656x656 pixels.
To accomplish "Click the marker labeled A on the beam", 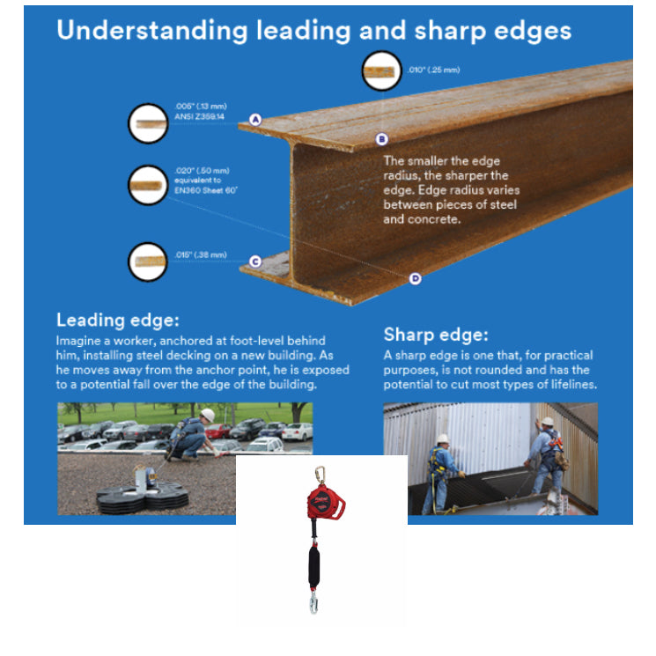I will (x=255, y=119).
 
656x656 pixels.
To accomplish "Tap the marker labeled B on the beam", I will (x=381, y=138).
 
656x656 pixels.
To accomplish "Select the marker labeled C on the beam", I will (x=254, y=261).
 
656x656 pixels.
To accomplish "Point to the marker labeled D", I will (x=416, y=279).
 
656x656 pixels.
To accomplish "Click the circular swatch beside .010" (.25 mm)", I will (x=382, y=71).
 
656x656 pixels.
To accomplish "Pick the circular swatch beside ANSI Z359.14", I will (x=148, y=122).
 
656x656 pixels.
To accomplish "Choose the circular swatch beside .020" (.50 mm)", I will (x=148, y=185).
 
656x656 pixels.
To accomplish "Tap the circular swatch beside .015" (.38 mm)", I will (x=148, y=262).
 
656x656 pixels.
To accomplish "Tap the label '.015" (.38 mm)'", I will (x=200, y=255).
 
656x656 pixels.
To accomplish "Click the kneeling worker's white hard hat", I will (x=209, y=414).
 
